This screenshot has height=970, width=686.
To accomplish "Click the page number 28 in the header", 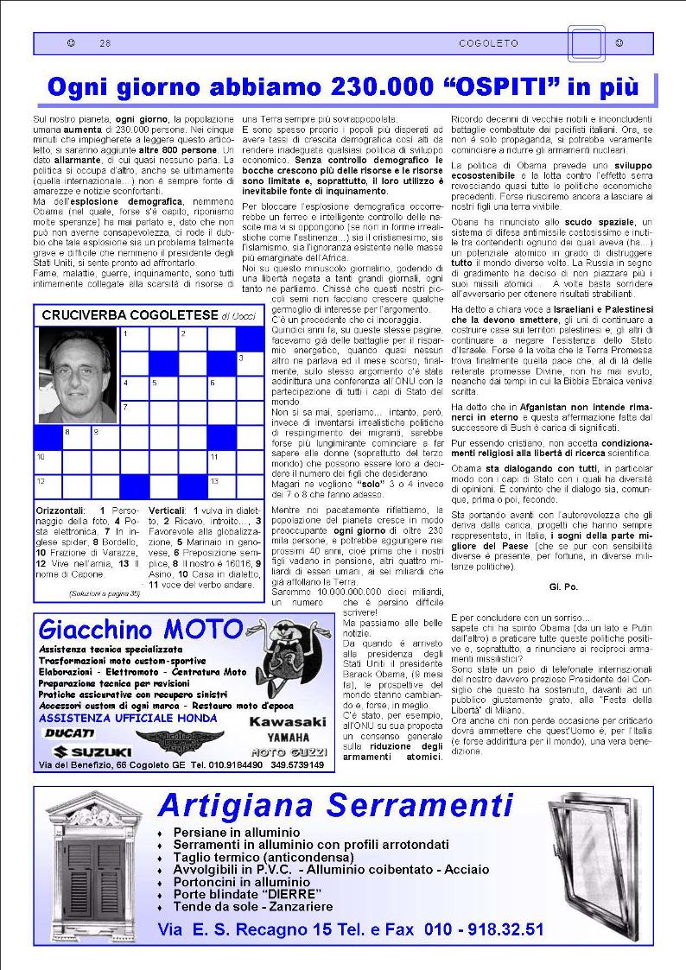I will (105, 43).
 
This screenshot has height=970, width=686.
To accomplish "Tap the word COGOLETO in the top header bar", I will (489, 43).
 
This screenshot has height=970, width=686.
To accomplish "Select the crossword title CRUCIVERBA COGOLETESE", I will (130, 316).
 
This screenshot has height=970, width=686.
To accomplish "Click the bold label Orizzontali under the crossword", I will (59, 510).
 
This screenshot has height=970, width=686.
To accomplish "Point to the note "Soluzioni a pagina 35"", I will (103, 593).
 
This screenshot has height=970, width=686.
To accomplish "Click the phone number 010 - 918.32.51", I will (484, 930).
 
